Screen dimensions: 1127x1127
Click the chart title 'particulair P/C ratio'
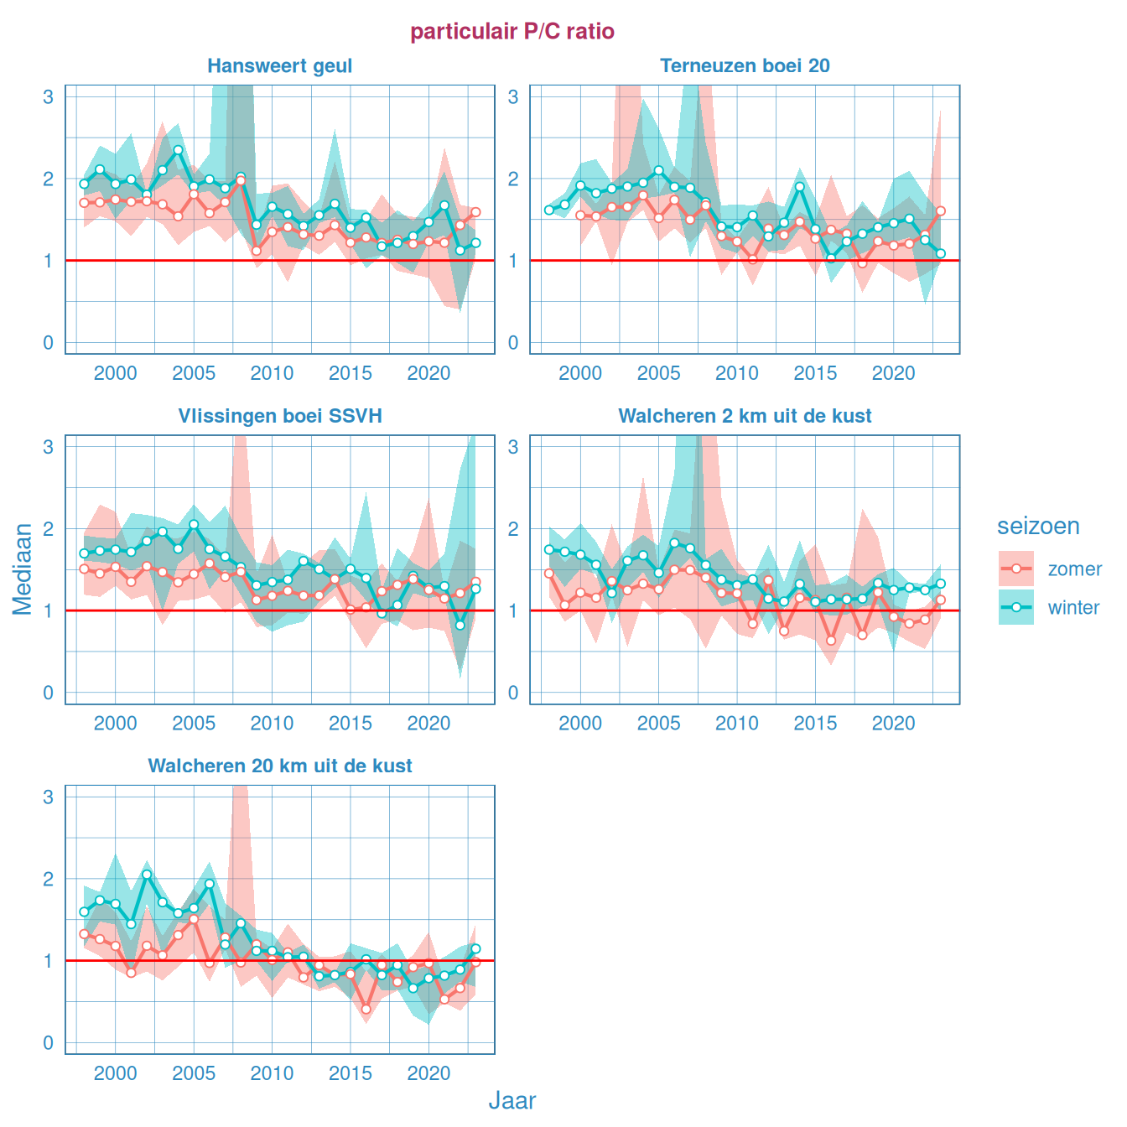512,32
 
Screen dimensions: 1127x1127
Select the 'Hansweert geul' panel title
279,66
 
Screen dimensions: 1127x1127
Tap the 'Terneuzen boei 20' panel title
745,66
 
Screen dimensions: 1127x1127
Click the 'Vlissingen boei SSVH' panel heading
279,416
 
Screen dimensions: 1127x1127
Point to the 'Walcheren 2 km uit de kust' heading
745,416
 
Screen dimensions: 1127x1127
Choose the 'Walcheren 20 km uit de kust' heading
279,766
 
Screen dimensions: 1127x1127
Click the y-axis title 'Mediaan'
23,569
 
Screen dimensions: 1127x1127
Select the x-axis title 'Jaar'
512,1100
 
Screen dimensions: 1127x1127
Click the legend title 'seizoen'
1038,526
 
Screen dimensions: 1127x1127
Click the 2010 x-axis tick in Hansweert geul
272,373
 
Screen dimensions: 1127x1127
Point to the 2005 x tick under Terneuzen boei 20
658,373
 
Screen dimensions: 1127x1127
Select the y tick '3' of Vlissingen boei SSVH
49,447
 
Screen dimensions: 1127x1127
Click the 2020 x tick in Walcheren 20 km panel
428,1073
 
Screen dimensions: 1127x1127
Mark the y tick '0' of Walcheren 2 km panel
513,693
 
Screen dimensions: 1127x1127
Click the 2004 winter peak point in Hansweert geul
178,150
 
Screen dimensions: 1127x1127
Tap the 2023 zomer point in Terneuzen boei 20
941,211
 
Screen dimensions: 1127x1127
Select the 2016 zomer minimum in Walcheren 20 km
366,1009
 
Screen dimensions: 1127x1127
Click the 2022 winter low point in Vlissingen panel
460,625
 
